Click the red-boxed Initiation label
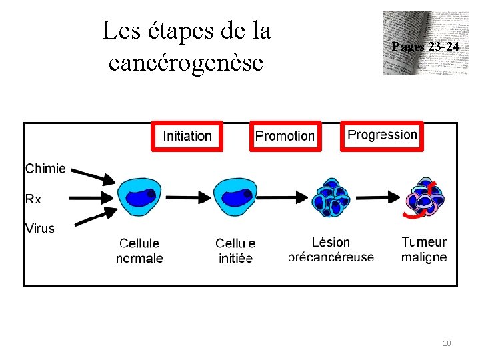(187, 136)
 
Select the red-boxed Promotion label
(285, 136)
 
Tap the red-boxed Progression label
(382, 135)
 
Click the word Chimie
(45, 169)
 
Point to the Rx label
(33, 199)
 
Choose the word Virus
(40, 228)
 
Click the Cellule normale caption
(139, 251)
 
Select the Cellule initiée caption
(235, 251)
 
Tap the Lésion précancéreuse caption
(331, 249)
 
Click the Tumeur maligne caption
(424, 249)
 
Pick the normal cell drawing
(139, 197)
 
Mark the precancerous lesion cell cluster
(331, 197)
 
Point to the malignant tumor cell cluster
(423, 199)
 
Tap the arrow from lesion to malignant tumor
(380, 197)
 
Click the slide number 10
(447, 343)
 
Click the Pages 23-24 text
(425, 47)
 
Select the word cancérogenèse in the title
(186, 63)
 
